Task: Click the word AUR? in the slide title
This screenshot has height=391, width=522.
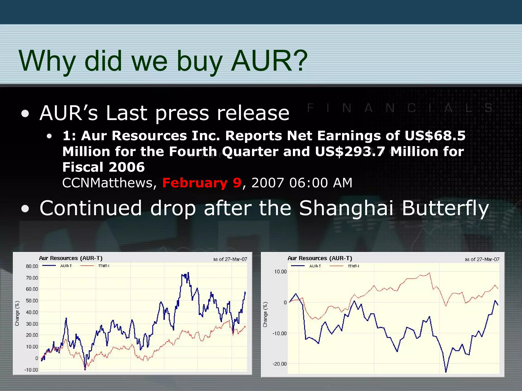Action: click(269, 61)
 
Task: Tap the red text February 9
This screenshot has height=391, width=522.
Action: click(202, 183)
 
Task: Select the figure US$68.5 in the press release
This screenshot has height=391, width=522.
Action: click(435, 135)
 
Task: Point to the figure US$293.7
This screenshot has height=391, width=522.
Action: click(350, 151)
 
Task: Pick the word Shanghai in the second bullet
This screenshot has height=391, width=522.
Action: click(346, 208)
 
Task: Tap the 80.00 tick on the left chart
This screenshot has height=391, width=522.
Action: click(32, 266)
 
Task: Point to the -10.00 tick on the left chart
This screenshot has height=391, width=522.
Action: click(31, 370)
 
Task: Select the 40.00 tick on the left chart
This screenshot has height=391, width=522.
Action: click(32, 312)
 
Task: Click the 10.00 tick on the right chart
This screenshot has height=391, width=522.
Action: click(280, 272)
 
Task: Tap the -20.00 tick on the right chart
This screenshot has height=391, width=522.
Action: click(280, 364)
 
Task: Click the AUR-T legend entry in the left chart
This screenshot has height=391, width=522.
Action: click(66, 266)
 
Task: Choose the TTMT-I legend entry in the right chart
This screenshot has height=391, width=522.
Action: click(353, 266)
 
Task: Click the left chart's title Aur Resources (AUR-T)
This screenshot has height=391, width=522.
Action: click(71, 258)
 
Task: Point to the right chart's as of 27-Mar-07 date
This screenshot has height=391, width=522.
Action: click(482, 259)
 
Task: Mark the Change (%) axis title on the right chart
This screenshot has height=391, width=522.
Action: click(265, 314)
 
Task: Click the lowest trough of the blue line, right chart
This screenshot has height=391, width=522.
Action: click(446, 372)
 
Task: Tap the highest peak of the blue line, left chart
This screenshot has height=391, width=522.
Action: click(188, 273)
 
